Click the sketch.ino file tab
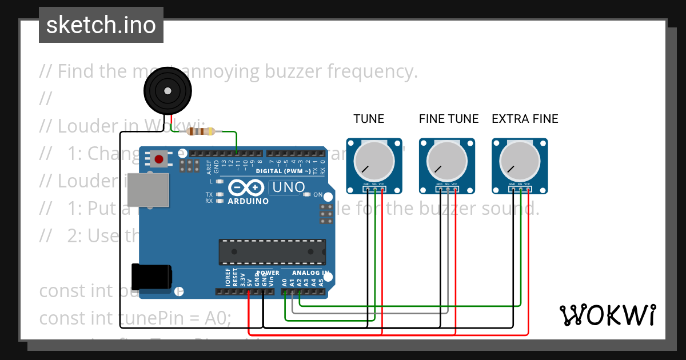tap(101, 25)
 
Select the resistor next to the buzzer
tap(201, 131)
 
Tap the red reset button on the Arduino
tap(158, 159)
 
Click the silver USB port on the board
tap(147, 190)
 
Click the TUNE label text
tap(369, 119)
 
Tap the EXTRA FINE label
tap(525, 119)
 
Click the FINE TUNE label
tap(449, 119)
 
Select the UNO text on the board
tap(289, 187)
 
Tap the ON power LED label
tap(318, 195)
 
